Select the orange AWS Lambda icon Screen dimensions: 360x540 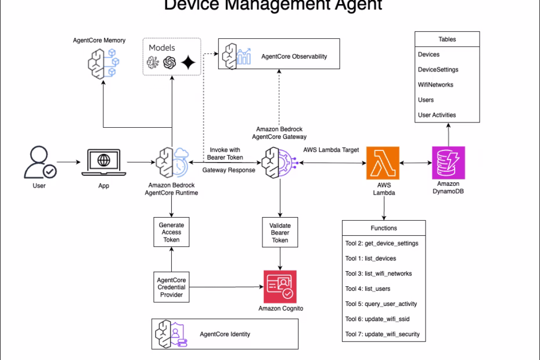pos(383,163)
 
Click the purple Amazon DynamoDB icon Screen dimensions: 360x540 pos(448,163)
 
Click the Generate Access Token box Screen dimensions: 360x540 pos(171,232)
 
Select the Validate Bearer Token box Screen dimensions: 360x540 pos(280,232)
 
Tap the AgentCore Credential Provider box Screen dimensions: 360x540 pos(171,286)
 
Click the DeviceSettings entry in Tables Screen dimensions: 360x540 pos(438,70)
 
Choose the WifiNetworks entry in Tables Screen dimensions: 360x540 pos(435,85)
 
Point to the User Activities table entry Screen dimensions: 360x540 pos(437,115)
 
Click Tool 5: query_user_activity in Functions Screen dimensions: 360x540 pos(381,304)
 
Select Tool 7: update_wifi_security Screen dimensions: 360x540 pos(382,334)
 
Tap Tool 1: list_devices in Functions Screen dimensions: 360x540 pos(370,258)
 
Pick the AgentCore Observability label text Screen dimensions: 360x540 pos(294,57)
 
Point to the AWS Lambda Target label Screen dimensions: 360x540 pos(330,150)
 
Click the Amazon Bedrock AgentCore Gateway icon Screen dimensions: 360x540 pos(280,163)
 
